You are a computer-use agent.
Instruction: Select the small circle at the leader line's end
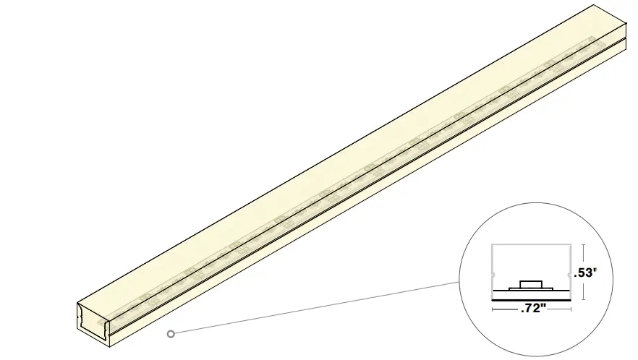[x=171, y=333]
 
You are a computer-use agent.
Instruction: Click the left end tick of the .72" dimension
[x=493, y=309]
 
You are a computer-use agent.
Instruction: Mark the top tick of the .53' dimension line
[x=582, y=245]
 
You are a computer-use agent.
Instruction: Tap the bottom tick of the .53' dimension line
[x=582, y=299]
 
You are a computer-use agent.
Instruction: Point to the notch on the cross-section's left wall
[x=493, y=275]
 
